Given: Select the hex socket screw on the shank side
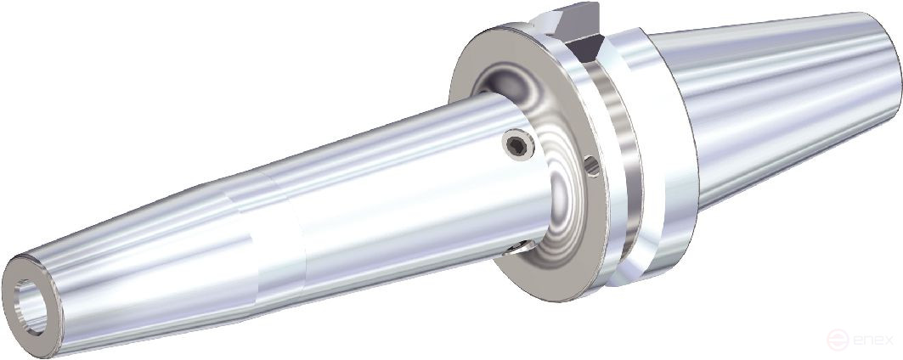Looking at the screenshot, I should [x=516, y=147].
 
